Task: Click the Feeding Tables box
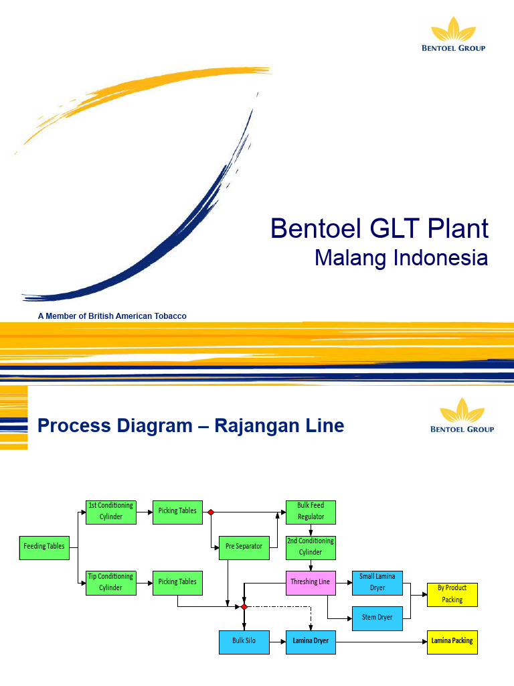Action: [44, 546]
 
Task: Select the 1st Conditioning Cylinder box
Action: [111, 511]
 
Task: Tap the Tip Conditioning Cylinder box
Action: [111, 581]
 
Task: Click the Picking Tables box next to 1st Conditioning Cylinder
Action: [177, 511]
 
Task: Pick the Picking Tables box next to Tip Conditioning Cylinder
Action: [177, 581]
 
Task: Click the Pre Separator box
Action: [244, 546]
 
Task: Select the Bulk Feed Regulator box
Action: [311, 511]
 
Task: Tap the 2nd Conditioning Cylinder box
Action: [311, 547]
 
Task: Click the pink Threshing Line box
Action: [311, 581]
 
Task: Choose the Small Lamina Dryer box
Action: [377, 581]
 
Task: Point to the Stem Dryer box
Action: [377, 617]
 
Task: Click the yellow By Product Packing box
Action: [452, 594]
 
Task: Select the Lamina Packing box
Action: [452, 641]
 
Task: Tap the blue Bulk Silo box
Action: [244, 641]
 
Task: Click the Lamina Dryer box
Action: [311, 641]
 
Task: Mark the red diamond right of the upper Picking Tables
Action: [211, 512]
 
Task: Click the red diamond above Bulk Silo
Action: [244, 606]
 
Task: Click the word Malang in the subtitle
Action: [350, 257]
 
